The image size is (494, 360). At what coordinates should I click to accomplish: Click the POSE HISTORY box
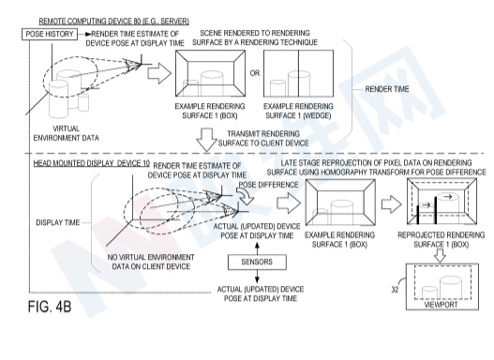(50, 34)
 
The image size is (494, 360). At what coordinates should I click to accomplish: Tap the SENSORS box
(257, 262)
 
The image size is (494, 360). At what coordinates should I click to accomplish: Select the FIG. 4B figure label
(50, 307)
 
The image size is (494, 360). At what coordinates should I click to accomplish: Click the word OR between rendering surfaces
(255, 73)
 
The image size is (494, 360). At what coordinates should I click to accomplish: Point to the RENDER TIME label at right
(387, 89)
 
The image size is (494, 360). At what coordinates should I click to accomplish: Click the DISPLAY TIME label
(58, 223)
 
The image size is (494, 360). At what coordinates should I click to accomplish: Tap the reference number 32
(395, 290)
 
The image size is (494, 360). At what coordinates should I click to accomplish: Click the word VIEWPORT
(441, 305)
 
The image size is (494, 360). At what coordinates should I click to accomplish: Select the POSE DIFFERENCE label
(268, 185)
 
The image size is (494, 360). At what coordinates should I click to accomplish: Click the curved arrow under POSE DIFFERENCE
(247, 196)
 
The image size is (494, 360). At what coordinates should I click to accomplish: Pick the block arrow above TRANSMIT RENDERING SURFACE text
(206, 140)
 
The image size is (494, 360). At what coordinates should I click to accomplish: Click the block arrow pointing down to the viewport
(441, 255)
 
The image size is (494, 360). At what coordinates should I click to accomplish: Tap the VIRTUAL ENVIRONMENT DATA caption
(67, 133)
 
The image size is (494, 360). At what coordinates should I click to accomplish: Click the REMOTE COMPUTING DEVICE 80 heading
(113, 22)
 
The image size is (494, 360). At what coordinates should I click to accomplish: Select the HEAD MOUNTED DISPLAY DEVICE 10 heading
(92, 163)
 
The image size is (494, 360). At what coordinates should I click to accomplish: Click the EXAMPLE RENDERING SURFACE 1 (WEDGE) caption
(298, 111)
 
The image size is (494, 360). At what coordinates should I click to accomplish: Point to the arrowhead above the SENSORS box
(257, 245)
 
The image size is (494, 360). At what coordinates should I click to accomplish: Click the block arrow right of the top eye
(159, 73)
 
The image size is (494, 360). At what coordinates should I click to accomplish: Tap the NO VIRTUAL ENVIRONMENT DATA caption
(151, 262)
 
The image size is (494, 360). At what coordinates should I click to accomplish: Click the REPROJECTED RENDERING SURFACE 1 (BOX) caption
(442, 240)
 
